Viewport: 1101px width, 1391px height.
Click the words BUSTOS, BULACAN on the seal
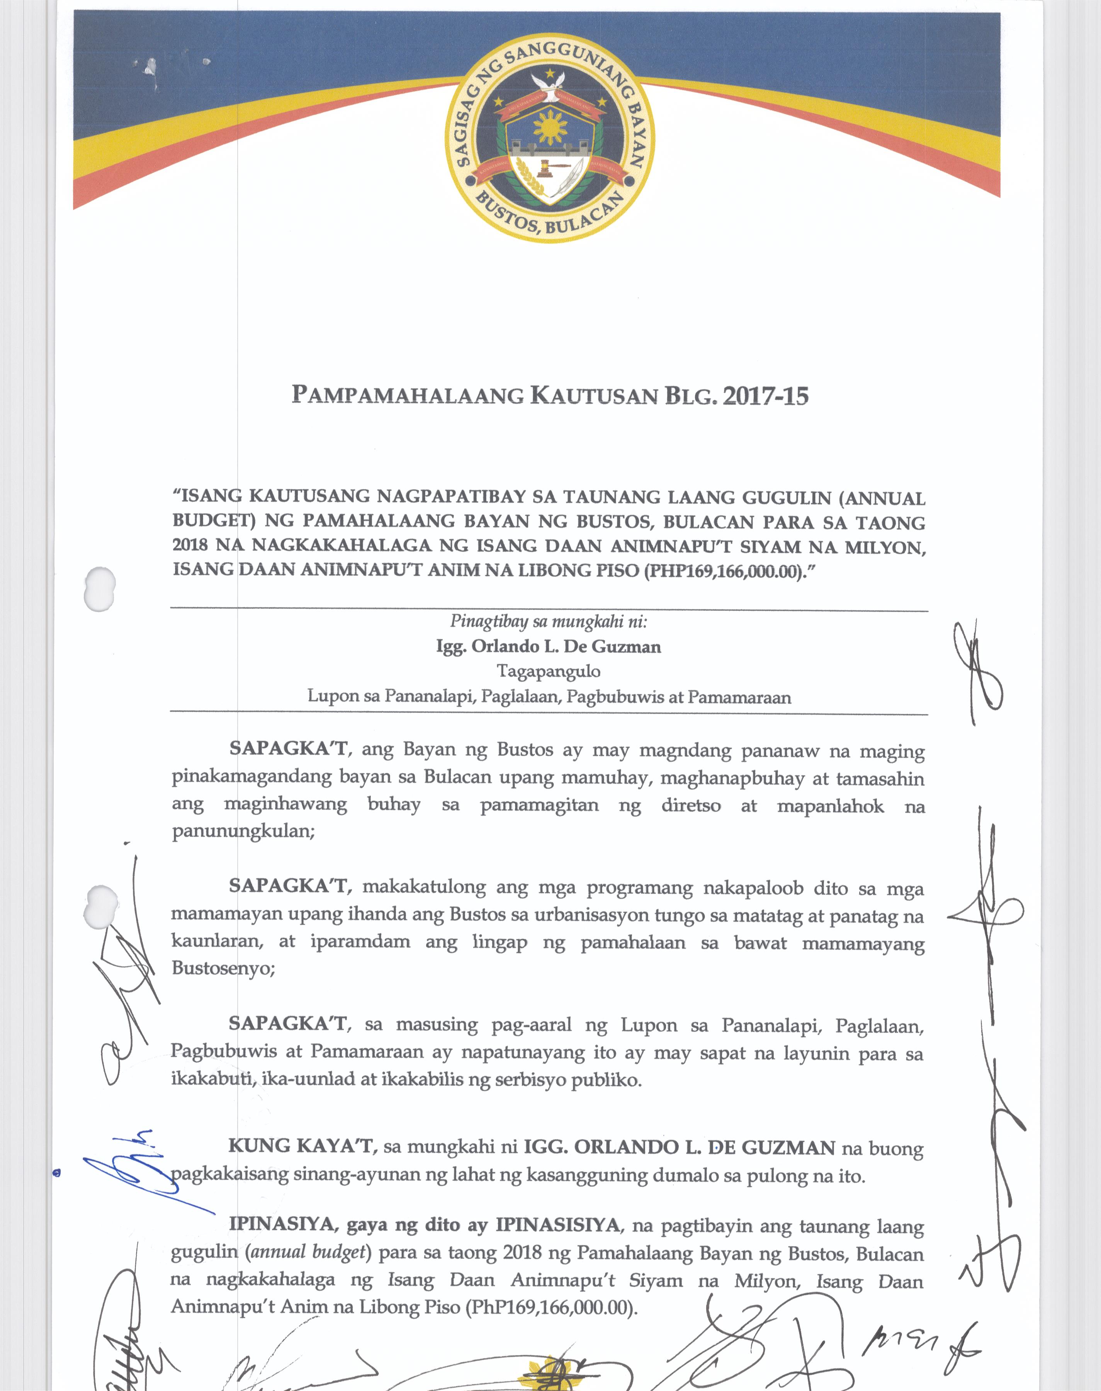pyautogui.click(x=550, y=215)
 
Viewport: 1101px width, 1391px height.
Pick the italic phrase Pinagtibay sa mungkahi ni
pyautogui.click(x=549, y=622)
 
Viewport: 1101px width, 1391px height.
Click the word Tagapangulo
pyautogui.click(x=549, y=672)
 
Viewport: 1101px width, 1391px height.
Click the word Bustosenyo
pyautogui.click(x=223, y=968)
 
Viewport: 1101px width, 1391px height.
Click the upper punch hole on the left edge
pyautogui.click(x=100, y=588)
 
